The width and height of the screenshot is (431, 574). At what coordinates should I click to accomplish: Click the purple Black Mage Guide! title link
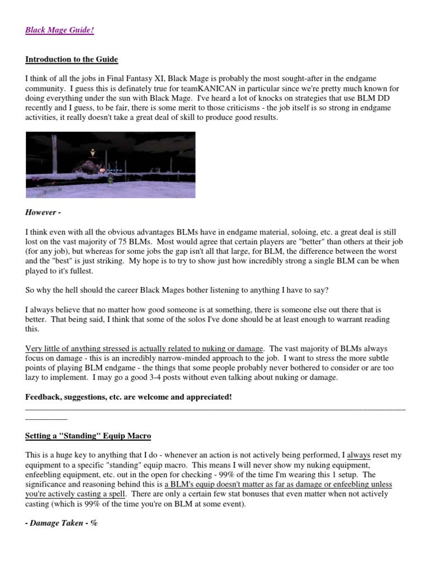59,30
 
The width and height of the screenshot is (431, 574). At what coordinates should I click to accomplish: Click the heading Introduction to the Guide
71,59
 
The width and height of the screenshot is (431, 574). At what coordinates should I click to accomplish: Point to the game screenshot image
111,166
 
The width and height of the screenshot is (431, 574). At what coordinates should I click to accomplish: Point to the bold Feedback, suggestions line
129,397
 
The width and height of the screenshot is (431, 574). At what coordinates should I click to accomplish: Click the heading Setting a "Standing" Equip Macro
88,436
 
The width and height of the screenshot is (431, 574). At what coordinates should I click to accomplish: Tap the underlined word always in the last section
359,455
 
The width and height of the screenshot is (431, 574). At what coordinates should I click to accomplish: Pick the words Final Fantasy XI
126,78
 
